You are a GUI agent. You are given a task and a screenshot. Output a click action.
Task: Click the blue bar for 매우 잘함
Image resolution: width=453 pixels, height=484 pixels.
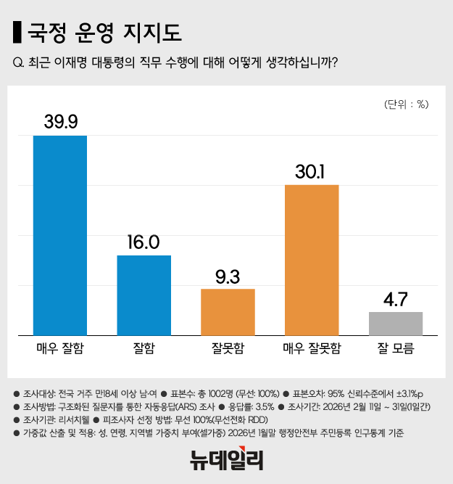60,235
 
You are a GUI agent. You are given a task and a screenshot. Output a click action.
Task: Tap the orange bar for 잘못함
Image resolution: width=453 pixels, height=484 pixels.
228,312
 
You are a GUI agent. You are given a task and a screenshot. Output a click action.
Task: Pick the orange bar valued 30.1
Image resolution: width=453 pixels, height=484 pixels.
312,260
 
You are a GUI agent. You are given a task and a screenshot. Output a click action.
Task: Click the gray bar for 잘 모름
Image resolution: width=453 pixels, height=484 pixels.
396,324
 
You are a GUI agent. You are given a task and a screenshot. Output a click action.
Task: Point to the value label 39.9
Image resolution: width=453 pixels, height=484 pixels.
60,121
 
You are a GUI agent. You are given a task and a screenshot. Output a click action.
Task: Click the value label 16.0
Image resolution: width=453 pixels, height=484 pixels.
144,242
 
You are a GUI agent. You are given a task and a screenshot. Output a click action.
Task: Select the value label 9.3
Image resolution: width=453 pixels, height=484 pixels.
228,275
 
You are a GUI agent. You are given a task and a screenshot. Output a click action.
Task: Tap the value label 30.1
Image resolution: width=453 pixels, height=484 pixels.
312,171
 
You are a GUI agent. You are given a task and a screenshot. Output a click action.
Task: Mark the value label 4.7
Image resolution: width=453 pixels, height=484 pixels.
396,298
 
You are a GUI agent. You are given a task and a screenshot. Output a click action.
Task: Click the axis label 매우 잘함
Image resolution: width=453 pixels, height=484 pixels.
60,348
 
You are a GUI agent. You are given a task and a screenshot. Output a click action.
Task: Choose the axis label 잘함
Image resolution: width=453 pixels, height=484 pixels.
144,348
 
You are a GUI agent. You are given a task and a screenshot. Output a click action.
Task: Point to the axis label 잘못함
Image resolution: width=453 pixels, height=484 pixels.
228,348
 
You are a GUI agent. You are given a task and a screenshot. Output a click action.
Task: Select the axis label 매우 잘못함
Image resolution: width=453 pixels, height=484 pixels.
312,348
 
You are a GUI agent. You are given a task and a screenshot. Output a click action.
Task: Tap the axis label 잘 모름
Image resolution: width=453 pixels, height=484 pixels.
396,348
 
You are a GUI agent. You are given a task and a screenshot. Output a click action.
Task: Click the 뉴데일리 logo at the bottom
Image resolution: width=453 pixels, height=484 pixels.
226,459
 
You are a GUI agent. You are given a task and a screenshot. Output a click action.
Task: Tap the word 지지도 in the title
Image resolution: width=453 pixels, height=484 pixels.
153,32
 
